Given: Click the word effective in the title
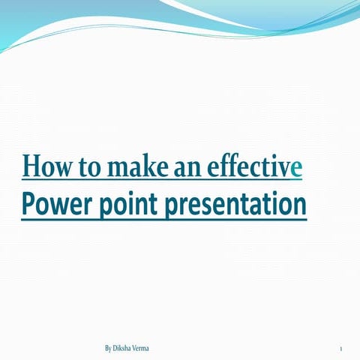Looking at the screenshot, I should tap(254, 166).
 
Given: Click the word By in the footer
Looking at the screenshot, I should tap(109, 349).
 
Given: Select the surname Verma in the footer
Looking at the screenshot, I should tap(148, 349).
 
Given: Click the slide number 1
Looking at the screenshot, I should tap(340, 349).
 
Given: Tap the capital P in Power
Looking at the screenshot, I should tap(28, 202).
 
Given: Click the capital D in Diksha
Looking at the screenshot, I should tap(118, 349).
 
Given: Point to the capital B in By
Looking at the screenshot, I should tap(107, 349).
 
